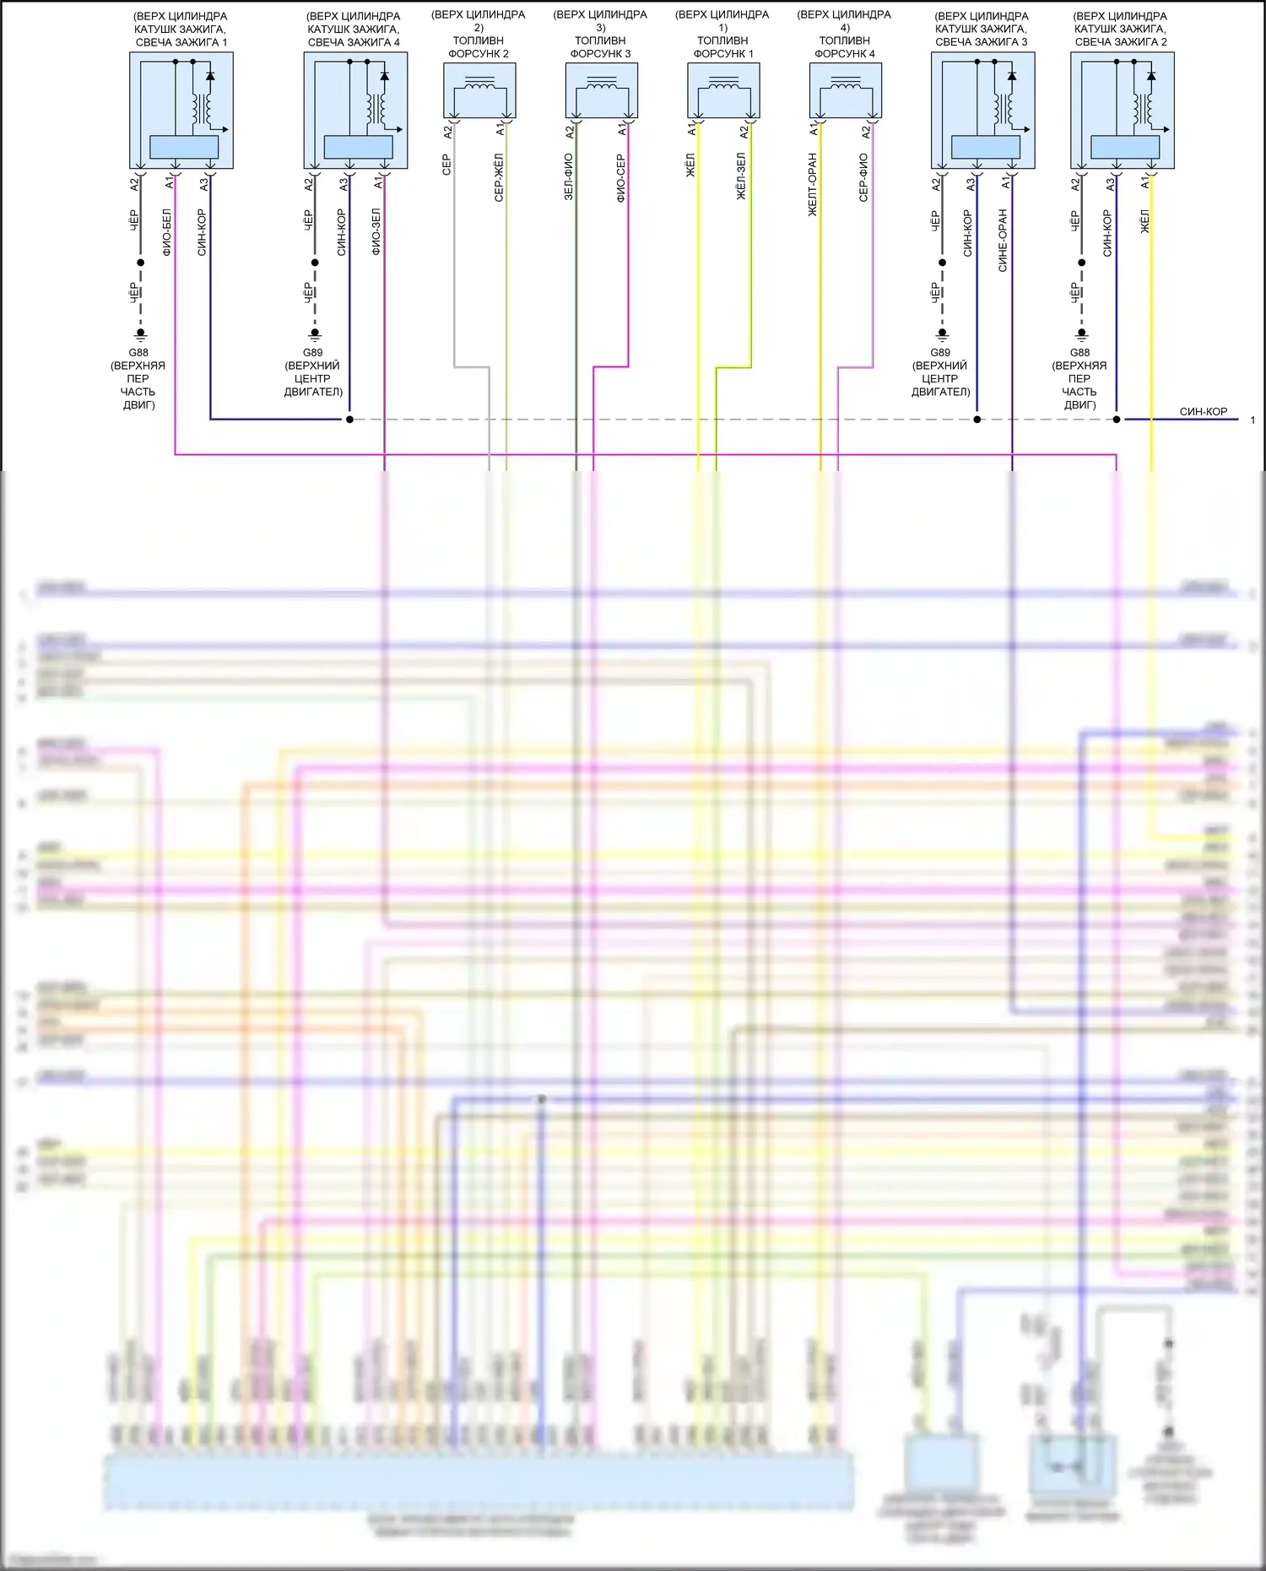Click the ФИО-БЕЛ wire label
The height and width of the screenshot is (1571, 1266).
click(x=166, y=232)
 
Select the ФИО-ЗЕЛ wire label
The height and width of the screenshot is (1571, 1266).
click(x=376, y=232)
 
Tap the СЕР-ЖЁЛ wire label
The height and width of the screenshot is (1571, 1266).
click(x=499, y=177)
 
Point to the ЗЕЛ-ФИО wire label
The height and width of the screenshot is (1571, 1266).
click(x=569, y=176)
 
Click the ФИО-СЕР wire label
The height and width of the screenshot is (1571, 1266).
click(x=620, y=178)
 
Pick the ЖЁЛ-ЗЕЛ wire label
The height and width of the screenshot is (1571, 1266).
click(x=742, y=176)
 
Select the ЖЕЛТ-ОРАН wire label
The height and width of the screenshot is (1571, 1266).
click(x=813, y=184)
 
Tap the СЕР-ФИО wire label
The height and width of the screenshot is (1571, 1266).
click(x=863, y=177)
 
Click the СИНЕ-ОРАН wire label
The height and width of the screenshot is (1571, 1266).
click(x=1003, y=241)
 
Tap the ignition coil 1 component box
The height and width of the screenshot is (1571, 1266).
click(x=181, y=111)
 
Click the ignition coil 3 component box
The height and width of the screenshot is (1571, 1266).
click(x=983, y=111)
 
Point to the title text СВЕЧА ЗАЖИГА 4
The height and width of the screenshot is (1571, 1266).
click(x=354, y=42)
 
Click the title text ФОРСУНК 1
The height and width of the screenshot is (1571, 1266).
click(x=723, y=54)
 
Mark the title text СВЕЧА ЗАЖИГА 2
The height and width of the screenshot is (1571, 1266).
click(x=1121, y=42)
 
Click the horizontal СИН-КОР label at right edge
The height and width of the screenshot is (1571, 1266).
click(x=1204, y=412)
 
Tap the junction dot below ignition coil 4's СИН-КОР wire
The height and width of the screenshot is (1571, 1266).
click(x=349, y=420)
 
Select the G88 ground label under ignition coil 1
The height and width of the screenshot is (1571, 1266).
click(x=138, y=353)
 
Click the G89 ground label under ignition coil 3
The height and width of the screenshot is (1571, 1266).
click(x=940, y=353)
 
